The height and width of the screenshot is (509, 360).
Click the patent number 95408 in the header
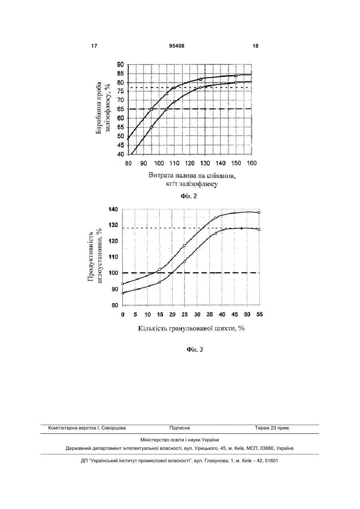(x=177, y=46)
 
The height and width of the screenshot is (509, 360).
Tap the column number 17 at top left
(x=94, y=46)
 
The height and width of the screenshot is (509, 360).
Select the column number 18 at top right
(x=256, y=46)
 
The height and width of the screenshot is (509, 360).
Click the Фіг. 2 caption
(x=189, y=196)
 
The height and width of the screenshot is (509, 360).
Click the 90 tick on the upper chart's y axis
(x=120, y=65)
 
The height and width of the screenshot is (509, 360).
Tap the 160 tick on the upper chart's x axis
(x=251, y=163)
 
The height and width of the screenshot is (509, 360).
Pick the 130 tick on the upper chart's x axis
(x=205, y=163)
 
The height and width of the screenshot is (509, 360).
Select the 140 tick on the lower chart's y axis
(x=113, y=209)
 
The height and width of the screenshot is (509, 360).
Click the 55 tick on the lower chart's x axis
(x=259, y=315)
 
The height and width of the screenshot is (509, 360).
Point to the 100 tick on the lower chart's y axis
(x=113, y=273)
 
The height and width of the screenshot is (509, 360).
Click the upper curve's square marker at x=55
(x=259, y=212)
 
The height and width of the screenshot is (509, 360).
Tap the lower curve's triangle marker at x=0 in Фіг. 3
(x=123, y=293)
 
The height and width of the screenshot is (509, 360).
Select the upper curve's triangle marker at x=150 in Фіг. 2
(x=236, y=76)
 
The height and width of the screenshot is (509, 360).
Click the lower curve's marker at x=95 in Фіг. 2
(x=151, y=127)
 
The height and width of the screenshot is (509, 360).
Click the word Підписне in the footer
(x=180, y=428)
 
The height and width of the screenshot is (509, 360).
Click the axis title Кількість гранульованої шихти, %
(x=191, y=328)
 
